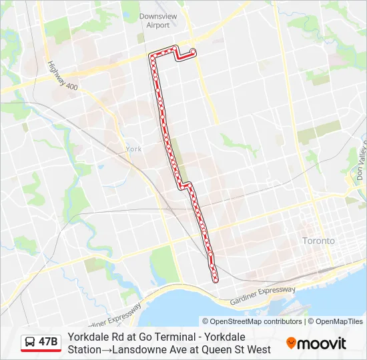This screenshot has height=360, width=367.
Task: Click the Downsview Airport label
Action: click(x=154, y=21)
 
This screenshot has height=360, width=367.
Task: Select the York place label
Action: click(x=133, y=149)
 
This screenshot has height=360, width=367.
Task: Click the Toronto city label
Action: click(x=318, y=241)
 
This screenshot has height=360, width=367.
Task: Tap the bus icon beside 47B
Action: click(x=29, y=343)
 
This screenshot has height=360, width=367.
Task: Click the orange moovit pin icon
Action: click(x=291, y=343)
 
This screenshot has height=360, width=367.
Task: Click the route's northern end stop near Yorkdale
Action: click(x=193, y=51)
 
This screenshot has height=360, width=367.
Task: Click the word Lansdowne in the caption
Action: click(x=141, y=349)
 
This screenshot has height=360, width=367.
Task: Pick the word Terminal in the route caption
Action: click(x=177, y=337)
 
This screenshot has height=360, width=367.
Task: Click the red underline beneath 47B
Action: click(x=41, y=352)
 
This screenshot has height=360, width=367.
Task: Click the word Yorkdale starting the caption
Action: click(x=87, y=337)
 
